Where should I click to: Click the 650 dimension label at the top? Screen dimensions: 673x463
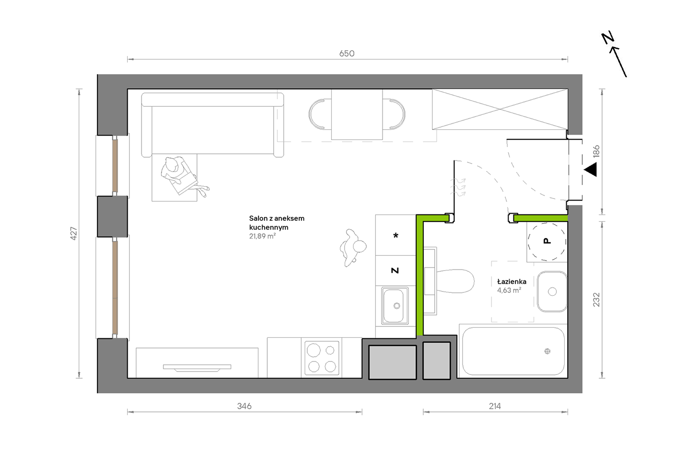click(x=346, y=54)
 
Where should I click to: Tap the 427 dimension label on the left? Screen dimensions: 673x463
click(x=74, y=233)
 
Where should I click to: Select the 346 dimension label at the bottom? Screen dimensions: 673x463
click(x=244, y=406)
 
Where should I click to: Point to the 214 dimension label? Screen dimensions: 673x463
click(x=494, y=406)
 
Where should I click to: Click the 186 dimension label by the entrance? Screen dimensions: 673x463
click(x=596, y=151)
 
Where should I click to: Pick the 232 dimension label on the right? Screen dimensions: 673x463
click(x=596, y=300)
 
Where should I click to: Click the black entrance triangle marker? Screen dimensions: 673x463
click(x=590, y=169)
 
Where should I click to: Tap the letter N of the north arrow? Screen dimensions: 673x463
click(x=608, y=38)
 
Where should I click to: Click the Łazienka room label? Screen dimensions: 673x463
click(x=511, y=281)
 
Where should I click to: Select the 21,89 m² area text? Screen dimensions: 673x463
click(x=262, y=236)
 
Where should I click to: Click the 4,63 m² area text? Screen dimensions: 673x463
click(x=509, y=290)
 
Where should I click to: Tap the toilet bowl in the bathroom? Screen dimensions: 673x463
click(x=455, y=281)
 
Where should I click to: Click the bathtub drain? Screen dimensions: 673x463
click(x=547, y=351)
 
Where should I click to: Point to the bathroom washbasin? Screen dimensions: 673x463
click(x=552, y=291)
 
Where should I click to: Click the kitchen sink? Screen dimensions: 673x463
click(x=395, y=306)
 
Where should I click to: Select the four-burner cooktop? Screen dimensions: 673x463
click(x=322, y=358)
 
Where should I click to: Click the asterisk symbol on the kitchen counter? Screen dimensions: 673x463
click(x=396, y=235)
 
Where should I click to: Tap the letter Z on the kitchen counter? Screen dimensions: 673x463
click(x=395, y=270)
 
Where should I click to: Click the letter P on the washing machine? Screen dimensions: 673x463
click(x=547, y=241)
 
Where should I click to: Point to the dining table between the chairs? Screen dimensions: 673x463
click(x=357, y=115)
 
